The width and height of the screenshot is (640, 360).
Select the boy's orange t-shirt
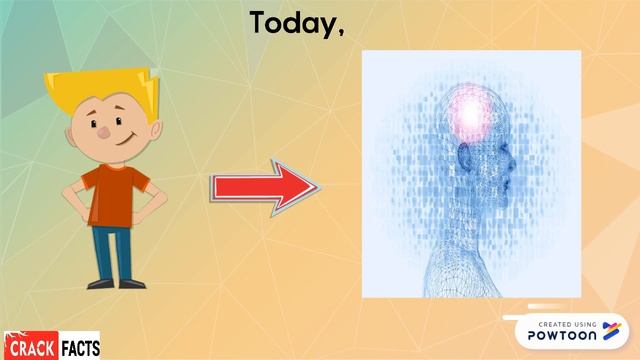113,194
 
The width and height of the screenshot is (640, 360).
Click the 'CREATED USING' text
568,323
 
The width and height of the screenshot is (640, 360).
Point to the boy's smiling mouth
120,141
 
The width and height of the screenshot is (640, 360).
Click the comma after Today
342,32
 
